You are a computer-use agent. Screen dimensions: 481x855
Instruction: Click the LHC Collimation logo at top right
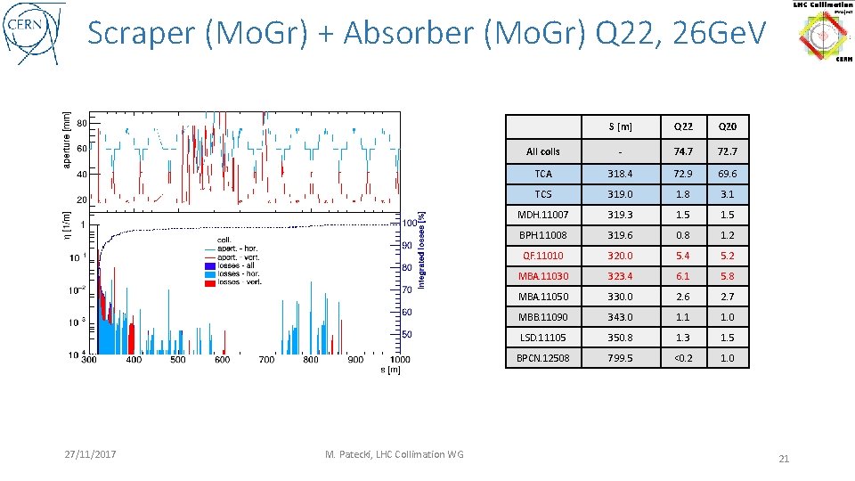coord(822,31)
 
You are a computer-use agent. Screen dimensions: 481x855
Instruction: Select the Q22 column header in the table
coord(683,126)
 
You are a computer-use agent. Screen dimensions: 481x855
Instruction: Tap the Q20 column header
coord(729,126)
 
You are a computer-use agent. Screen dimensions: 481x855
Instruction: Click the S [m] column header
coord(620,126)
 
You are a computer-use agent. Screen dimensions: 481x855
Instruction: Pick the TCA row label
coord(543,174)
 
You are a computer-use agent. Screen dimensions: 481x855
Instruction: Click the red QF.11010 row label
coord(543,256)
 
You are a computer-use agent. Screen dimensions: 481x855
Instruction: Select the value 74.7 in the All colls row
coord(683,151)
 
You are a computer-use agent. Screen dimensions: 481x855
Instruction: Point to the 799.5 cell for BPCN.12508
coord(620,358)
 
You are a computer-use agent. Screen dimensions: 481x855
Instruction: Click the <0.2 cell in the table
coord(683,358)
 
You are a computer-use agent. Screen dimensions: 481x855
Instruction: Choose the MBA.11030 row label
coord(543,276)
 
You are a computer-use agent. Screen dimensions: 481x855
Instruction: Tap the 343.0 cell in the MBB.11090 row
coord(620,317)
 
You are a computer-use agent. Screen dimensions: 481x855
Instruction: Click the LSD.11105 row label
coord(543,338)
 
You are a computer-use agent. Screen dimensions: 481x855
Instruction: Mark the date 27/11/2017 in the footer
coord(91,455)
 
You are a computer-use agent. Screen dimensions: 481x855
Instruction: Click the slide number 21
coord(784,459)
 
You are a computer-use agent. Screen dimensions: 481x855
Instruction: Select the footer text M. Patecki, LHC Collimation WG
coord(394,455)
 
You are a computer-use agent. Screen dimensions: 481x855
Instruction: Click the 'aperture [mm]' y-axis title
coord(67,138)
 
